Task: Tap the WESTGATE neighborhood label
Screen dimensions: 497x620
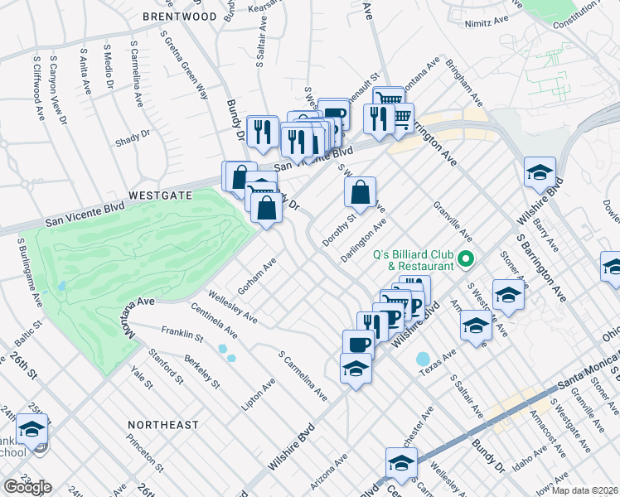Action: click(x=159, y=195)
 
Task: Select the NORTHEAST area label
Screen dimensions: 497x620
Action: click(x=163, y=425)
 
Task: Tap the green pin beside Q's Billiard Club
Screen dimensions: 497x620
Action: click(x=466, y=260)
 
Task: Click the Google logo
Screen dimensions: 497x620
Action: click(x=27, y=487)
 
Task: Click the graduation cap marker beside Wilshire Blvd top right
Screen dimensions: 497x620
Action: click(x=540, y=174)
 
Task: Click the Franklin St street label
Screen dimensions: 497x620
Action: click(x=182, y=333)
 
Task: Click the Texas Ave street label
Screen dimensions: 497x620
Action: click(x=438, y=362)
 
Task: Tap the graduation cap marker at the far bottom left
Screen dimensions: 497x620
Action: click(x=31, y=430)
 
